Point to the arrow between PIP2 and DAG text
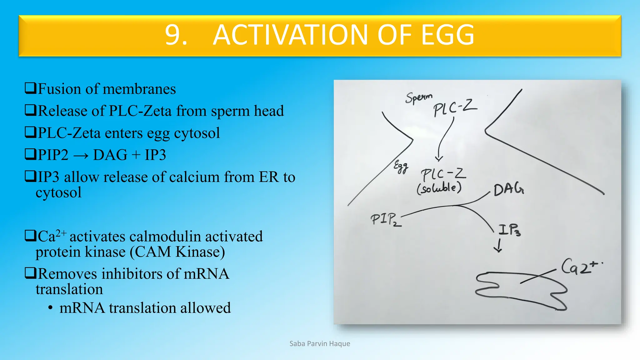pos(81,155)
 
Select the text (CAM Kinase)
pos(177,252)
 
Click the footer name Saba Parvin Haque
pos(320,344)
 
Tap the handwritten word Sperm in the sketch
pos(419,97)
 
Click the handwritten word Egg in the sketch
pos(401,167)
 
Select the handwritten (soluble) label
pos(439,188)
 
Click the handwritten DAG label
pos(508,189)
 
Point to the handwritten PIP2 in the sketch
pos(385,219)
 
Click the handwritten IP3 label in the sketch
pos(509,230)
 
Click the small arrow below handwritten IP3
pos(498,246)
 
